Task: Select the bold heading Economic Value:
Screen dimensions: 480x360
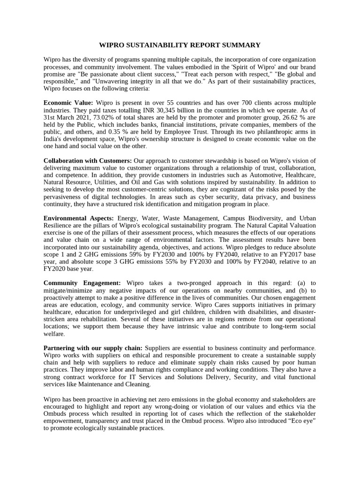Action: (x=68, y=103)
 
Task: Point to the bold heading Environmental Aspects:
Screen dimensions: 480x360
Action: (x=79, y=218)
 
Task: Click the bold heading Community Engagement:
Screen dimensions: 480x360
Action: (x=82, y=283)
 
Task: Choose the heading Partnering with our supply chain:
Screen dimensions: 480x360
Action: (x=93, y=348)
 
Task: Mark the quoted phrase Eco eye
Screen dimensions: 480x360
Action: (x=303, y=421)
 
